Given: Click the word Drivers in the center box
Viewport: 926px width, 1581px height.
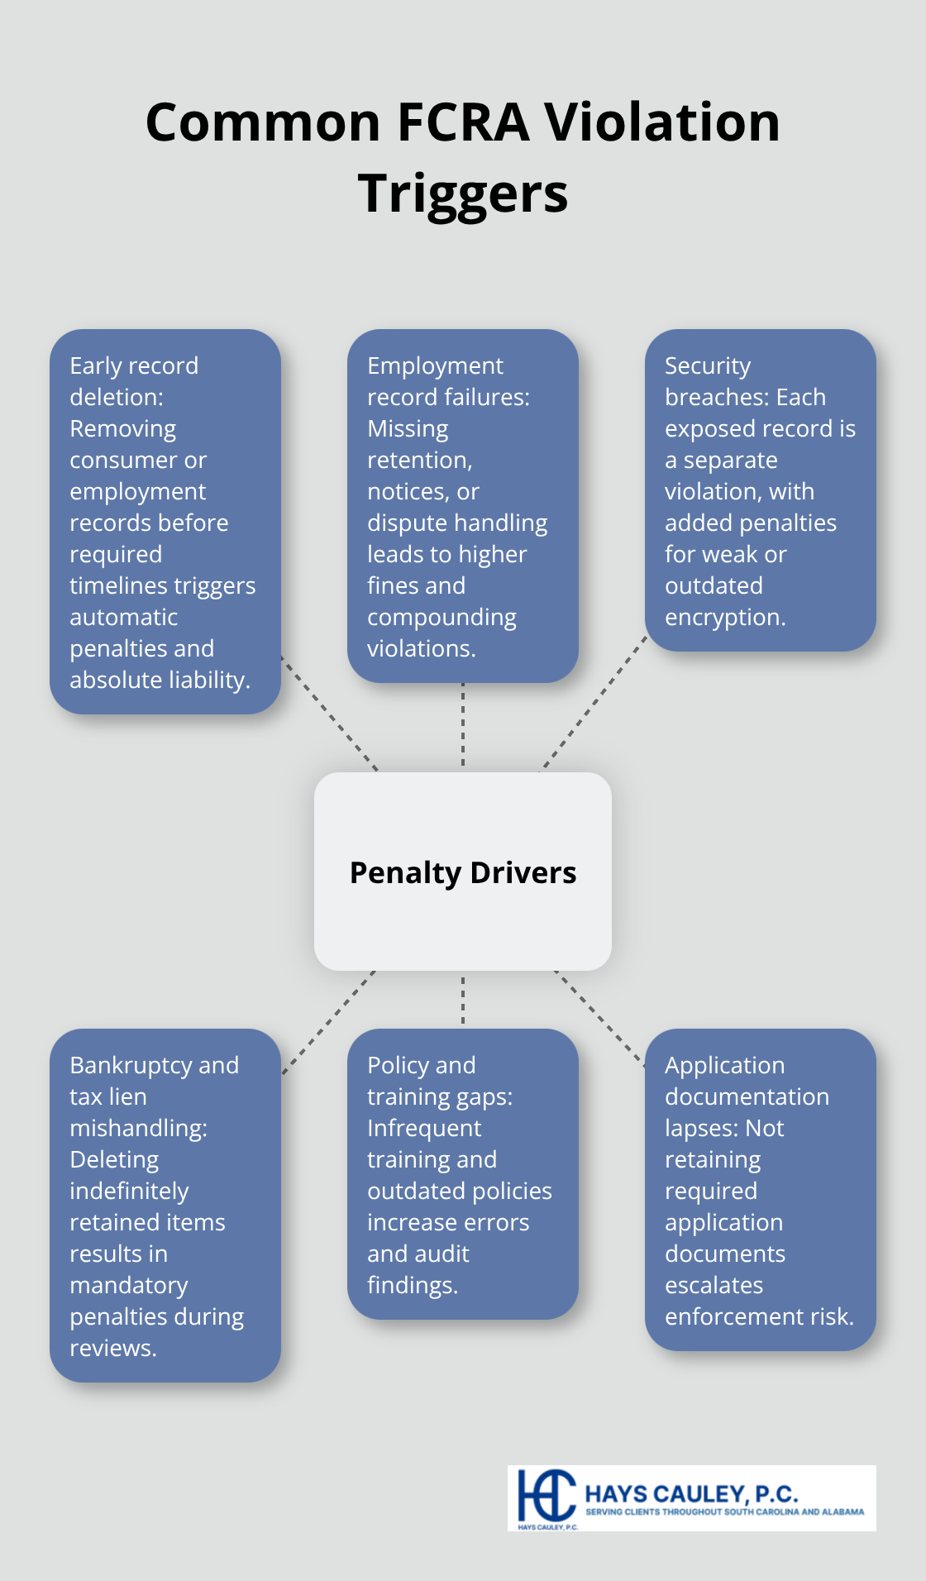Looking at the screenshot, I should pyautogui.click(x=523, y=873).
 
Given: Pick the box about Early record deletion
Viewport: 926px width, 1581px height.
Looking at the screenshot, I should pyautogui.click(x=165, y=521).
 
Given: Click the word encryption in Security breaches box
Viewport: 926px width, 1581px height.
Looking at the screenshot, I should pyautogui.click(x=723, y=618).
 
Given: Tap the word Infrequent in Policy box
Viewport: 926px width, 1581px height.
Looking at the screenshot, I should pyautogui.click(x=424, y=1129).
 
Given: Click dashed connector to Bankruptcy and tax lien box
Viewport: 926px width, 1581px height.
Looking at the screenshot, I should pyautogui.click(x=329, y=1022).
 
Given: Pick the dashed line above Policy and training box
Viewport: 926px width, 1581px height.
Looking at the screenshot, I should pyautogui.click(x=463, y=999).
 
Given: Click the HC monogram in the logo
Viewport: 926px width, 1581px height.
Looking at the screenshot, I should pyautogui.click(x=546, y=1497).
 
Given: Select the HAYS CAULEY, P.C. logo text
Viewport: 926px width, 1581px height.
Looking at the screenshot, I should pyautogui.click(x=691, y=1494).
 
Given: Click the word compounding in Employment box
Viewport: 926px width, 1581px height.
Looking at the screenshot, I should pyautogui.click(x=442, y=618).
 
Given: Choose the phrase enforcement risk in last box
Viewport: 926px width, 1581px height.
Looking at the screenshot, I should pyautogui.click(x=758, y=1317).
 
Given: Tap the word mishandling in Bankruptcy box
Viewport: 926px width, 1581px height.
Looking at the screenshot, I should pyautogui.click(x=137, y=1129).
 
